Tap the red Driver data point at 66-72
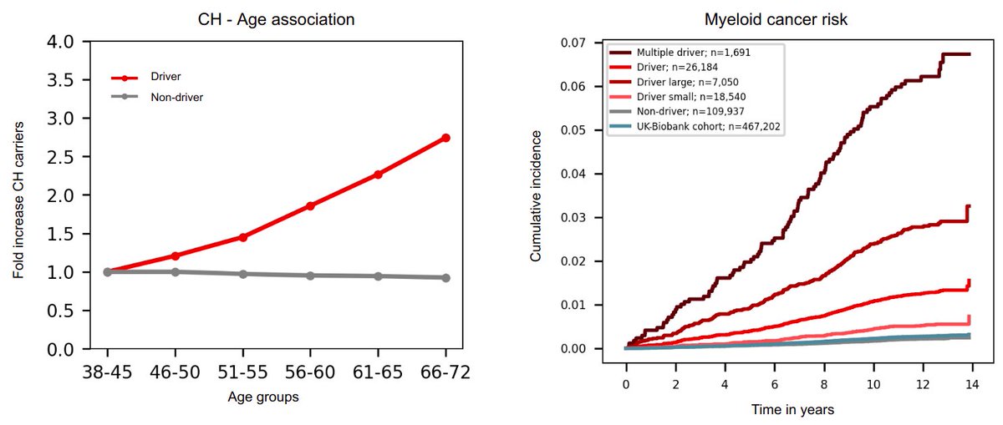(445, 138)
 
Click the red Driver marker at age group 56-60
(310, 205)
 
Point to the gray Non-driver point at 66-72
(445, 277)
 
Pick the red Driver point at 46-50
(175, 256)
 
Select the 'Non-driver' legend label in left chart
(176, 97)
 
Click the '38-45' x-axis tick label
(107, 373)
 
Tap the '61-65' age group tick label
(378, 373)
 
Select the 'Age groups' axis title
(263, 397)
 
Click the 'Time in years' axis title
(791, 410)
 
